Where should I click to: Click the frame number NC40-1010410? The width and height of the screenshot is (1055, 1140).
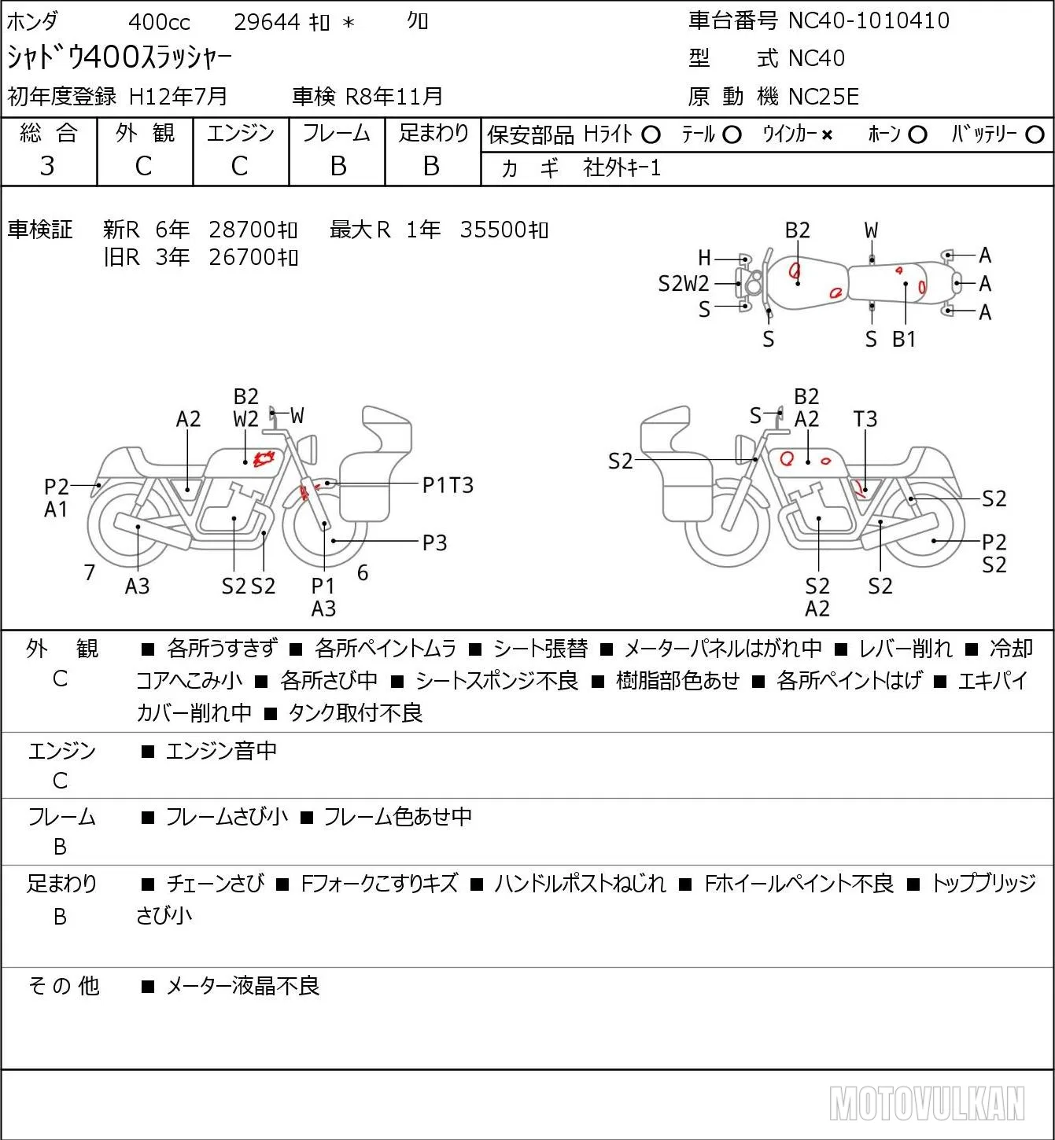pos(869,20)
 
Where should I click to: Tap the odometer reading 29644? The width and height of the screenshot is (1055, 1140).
pos(267,22)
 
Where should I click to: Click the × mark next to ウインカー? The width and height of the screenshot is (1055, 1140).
pos(827,135)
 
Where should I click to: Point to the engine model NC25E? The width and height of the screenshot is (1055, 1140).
pos(824,97)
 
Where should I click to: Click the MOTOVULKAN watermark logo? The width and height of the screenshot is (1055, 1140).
pos(927,1103)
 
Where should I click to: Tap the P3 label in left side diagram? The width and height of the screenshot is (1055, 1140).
pos(434,542)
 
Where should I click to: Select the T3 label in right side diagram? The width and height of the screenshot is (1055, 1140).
pos(865,419)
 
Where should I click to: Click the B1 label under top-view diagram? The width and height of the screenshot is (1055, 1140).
pos(904,339)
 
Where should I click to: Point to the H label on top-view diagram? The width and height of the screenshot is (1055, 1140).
pos(704,259)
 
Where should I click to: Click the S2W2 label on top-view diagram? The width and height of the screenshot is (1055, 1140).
pos(683,284)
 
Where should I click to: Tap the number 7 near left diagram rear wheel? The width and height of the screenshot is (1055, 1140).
pos(89,572)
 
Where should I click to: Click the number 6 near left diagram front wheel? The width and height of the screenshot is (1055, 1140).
pos(363,572)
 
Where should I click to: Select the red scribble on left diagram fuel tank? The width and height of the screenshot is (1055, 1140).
pos(264,458)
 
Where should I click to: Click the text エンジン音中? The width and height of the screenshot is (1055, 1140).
pos(221,751)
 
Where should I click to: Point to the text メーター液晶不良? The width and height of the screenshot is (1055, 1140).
pos(242,986)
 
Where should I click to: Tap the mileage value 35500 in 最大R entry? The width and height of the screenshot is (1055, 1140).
pos(493,230)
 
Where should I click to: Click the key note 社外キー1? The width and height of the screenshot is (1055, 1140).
pos(622,168)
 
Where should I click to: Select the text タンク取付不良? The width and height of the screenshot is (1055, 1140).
pos(355,713)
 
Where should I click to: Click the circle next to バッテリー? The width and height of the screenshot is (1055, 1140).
pos(1035,135)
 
